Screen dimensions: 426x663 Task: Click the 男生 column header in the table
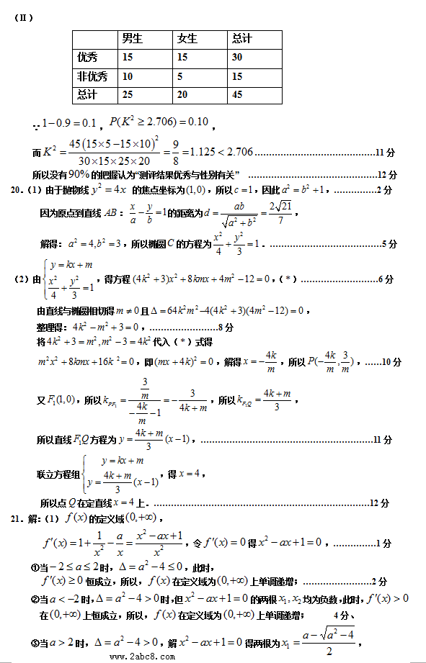pyautogui.click(x=133, y=39)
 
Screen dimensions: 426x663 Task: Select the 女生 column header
pyautogui.click(x=187, y=39)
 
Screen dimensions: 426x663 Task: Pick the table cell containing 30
pyautogui.click(x=238, y=58)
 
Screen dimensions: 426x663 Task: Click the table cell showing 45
pyautogui.click(x=238, y=94)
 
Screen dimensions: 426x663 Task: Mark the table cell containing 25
pyautogui.click(x=128, y=94)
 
